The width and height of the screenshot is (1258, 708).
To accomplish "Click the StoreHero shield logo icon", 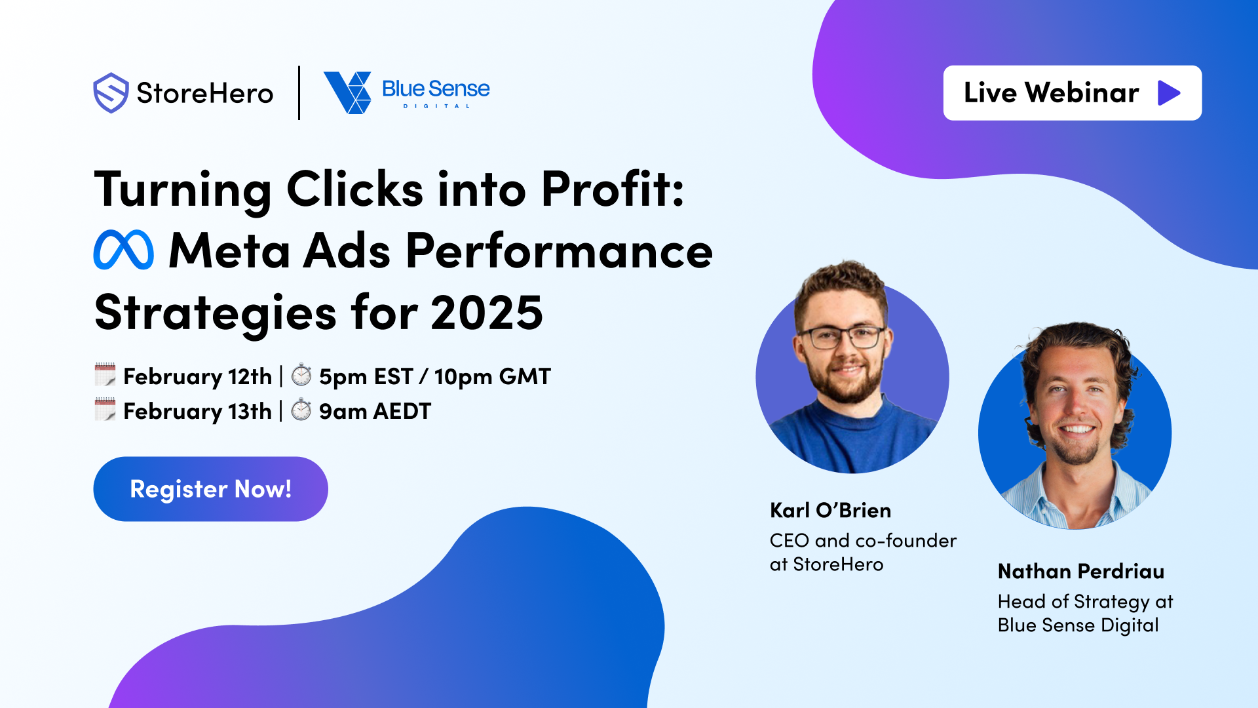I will (x=111, y=93).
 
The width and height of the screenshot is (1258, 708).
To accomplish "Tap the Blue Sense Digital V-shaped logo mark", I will (x=348, y=92).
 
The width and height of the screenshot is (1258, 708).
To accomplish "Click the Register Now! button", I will (x=210, y=489).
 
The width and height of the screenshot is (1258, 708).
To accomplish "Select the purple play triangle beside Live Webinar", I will (x=1168, y=93).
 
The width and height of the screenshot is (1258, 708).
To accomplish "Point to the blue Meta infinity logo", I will (x=124, y=250).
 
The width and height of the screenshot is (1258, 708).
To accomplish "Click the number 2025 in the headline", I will (x=487, y=313).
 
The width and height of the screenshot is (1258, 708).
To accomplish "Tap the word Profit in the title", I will (x=613, y=190).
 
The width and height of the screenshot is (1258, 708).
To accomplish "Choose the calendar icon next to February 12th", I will (x=105, y=375).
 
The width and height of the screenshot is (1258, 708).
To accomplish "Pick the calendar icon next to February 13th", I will (x=105, y=410).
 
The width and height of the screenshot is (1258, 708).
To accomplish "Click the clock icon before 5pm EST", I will (x=301, y=375).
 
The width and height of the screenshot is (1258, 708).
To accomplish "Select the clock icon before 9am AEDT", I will (x=301, y=410).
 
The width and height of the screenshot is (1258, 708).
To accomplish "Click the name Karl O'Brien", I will (x=830, y=510).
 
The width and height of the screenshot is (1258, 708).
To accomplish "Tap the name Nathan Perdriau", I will (x=1081, y=571).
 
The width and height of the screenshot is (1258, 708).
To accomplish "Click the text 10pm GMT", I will (x=492, y=376).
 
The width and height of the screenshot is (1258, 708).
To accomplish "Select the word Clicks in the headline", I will (x=355, y=190).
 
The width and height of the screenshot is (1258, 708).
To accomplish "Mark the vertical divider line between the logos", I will (x=299, y=92).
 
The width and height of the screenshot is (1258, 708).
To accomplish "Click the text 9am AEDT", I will (x=375, y=411).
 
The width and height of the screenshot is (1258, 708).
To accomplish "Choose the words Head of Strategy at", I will (x=1085, y=601).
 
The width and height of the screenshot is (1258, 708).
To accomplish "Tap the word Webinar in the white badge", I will (x=1082, y=92).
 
